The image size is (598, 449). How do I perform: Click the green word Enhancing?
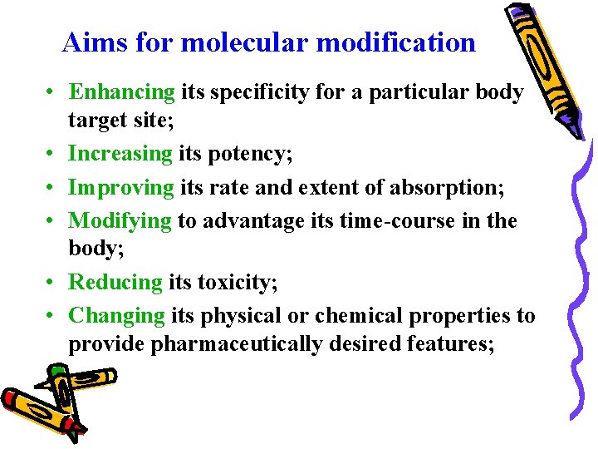pos(121,92)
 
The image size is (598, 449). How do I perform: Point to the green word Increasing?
pos(120,153)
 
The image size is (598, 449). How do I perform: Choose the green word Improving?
pos(121,187)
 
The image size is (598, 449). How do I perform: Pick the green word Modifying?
pos(120,221)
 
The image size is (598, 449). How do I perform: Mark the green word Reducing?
pos(115,282)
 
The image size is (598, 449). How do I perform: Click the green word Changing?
pos(117,316)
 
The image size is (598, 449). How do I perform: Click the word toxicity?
pos(237,282)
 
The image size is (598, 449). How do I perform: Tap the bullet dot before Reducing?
pos(51,283)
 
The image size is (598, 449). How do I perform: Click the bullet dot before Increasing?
pos(51,154)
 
